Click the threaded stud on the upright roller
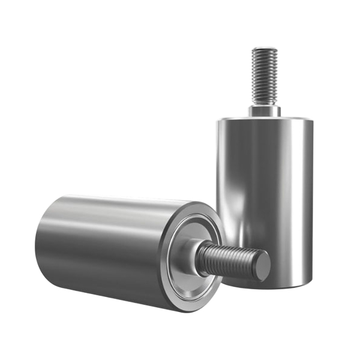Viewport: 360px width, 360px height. point(264,75)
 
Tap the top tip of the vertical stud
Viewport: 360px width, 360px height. point(264,49)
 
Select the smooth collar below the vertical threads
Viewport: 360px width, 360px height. point(264,110)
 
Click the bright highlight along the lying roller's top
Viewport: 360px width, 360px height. point(114,207)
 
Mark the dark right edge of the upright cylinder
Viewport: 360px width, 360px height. point(311,198)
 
